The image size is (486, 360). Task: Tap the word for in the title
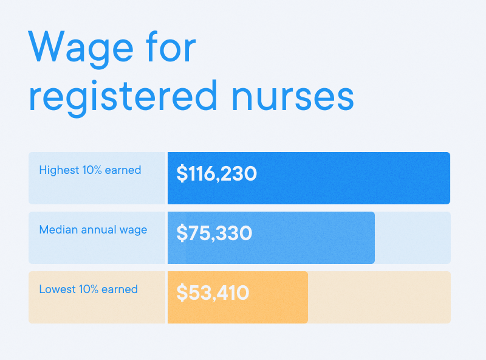click(172, 47)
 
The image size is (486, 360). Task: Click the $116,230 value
click(216, 174)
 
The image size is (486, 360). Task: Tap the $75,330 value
click(214, 234)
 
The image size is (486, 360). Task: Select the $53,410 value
click(213, 293)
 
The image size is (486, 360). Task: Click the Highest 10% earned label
click(90, 170)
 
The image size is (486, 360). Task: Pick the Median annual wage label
click(93, 230)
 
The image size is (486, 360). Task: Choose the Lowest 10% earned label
click(88, 289)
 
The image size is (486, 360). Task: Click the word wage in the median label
click(134, 230)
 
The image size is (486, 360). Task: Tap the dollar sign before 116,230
click(181, 174)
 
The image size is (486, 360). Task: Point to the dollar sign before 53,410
click(181, 293)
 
